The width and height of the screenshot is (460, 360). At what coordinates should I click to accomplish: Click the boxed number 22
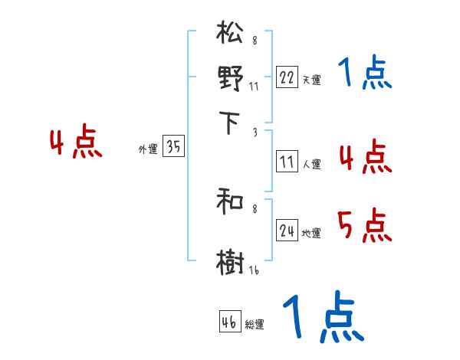point(287,77)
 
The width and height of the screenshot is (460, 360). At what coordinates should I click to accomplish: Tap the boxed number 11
point(287,162)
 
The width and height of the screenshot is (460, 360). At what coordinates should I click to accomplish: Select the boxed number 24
point(287,231)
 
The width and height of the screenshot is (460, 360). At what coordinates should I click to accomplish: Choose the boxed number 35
point(173,148)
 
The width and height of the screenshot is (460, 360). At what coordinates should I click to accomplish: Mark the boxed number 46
point(229,322)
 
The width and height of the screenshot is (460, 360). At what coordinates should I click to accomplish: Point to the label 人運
point(311,164)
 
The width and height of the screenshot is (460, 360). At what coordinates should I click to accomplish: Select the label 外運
point(147,150)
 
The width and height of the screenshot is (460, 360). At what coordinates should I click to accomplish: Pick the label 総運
point(255,325)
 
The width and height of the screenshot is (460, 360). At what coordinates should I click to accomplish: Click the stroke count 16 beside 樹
point(254,270)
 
